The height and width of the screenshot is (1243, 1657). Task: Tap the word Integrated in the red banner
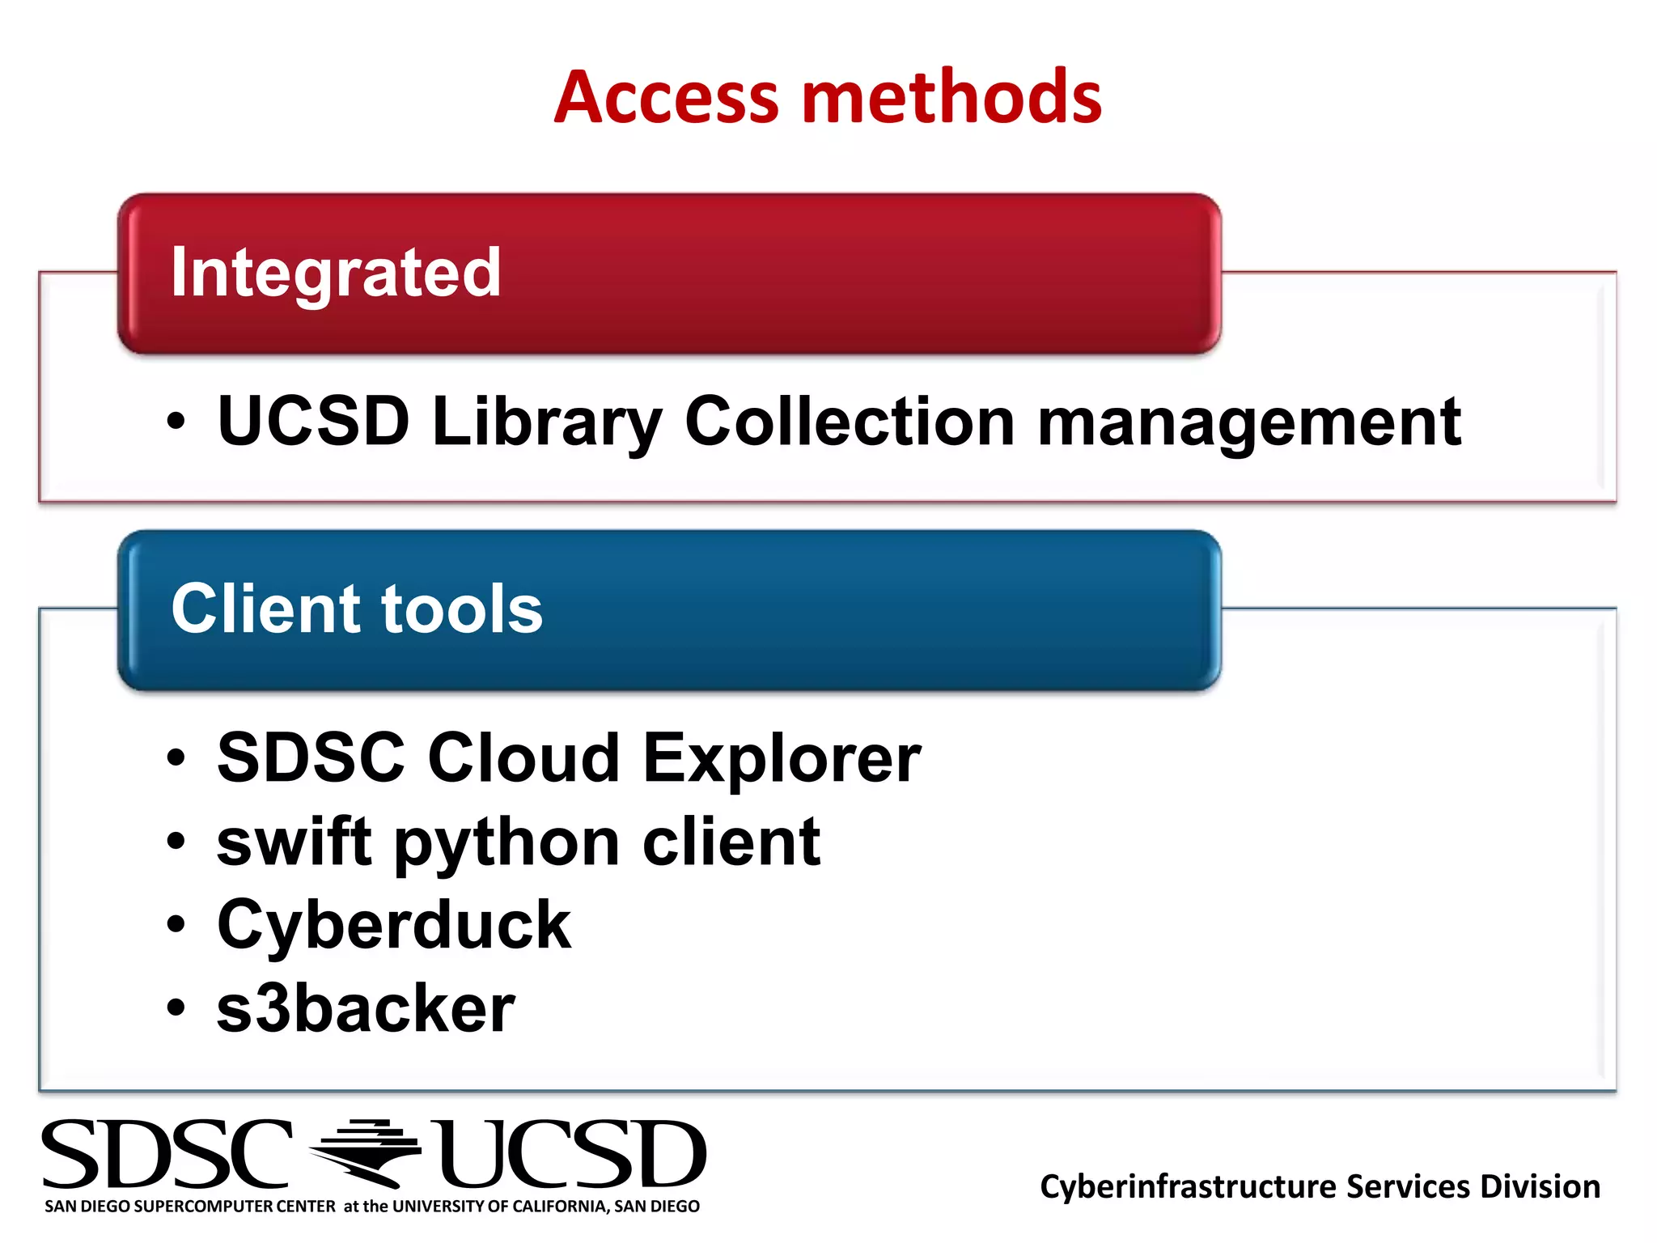click(x=336, y=273)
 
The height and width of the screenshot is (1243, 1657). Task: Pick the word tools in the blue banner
click(x=462, y=609)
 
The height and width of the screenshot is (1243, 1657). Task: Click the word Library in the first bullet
click(x=548, y=422)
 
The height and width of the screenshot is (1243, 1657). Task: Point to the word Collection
click(x=850, y=422)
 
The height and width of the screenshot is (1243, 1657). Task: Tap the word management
click(x=1249, y=422)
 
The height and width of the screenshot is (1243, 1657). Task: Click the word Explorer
click(x=782, y=758)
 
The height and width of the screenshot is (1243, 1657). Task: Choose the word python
click(x=507, y=844)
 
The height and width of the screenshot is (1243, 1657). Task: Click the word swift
click(x=294, y=842)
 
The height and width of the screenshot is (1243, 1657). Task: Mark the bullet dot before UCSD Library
click(x=176, y=422)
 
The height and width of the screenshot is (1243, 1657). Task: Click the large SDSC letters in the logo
click(x=167, y=1155)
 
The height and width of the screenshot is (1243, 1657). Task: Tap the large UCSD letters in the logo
click(x=569, y=1155)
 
